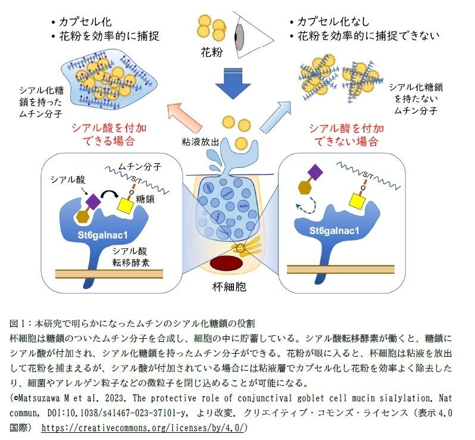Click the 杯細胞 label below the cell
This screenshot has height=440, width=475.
229,287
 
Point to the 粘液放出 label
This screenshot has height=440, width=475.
202,142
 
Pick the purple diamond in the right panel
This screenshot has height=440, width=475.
315,172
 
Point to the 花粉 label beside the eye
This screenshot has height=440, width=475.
212,52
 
